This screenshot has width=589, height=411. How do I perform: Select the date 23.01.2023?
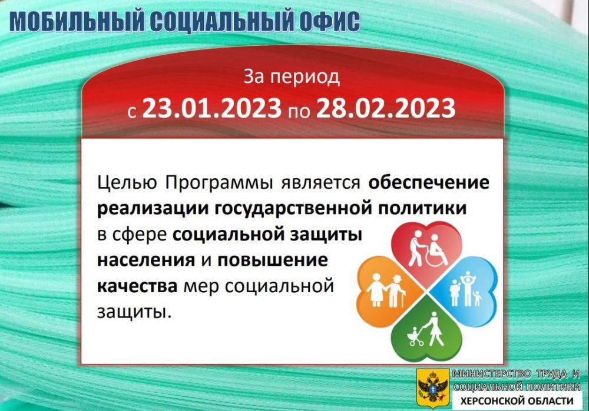pyautogui.click(x=211, y=108)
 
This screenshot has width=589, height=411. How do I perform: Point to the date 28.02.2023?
pyautogui.click(x=386, y=108)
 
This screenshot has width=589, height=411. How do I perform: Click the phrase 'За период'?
pyautogui.click(x=292, y=76)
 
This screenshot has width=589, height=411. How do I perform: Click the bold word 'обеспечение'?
pyautogui.click(x=429, y=183)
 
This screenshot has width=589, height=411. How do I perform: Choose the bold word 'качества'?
pyautogui.click(x=137, y=286)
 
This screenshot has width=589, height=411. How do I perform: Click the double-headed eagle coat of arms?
pyautogui.click(x=432, y=386)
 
